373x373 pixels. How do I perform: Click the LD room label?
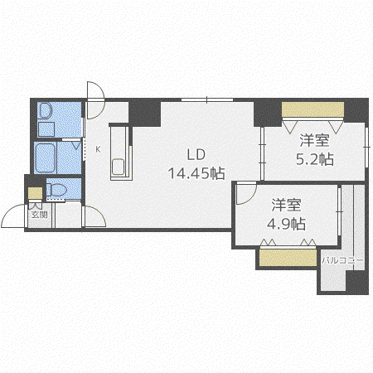tap(196, 155)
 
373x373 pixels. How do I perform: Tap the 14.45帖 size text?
tap(196, 173)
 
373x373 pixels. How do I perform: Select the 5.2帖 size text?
tap(315, 159)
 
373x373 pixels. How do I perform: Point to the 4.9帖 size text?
tap(286, 224)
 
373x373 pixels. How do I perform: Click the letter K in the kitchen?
tap(98, 149)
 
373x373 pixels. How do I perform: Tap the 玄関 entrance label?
tap(39, 215)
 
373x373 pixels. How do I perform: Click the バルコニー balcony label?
tap(342, 260)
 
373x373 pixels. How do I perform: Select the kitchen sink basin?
tap(119, 167)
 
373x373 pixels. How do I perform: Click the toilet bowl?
tap(57, 190)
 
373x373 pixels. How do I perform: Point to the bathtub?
tap(45, 157)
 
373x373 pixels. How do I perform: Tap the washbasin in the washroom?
tap(45, 111)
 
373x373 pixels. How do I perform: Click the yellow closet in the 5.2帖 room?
tap(312, 109)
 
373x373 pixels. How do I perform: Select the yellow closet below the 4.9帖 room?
tap(288, 258)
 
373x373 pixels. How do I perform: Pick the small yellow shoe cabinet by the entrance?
tap(35, 193)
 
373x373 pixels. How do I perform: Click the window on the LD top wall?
tap(207, 99)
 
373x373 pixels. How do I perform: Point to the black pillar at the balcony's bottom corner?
tap(357, 282)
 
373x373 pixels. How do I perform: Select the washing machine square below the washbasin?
tap(46, 129)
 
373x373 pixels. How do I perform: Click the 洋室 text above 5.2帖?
tap(315, 140)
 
